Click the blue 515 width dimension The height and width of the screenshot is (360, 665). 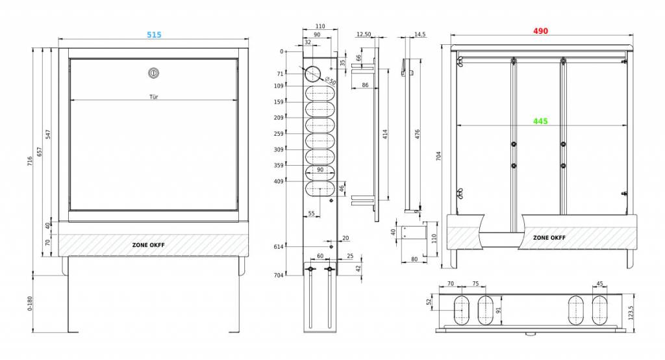coord(154,35)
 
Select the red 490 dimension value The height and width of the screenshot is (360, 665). coord(540,31)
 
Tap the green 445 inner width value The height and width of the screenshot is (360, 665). coord(540,122)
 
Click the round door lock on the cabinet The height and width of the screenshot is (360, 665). coord(153,73)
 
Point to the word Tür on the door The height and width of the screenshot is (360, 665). coord(153,97)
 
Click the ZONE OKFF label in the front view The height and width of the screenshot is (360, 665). coord(148,245)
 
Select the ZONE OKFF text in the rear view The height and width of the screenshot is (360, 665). coord(549,238)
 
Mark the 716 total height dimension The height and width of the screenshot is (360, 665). coord(30,161)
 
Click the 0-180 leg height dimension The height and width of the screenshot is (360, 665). coord(30,303)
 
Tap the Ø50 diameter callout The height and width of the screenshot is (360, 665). coord(331,81)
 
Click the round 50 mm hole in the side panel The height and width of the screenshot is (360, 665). coord(314,74)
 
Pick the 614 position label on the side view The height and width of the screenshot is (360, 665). coord(278,247)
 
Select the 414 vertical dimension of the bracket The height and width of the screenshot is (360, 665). coord(385,135)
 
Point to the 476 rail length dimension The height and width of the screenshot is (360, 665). coord(418,135)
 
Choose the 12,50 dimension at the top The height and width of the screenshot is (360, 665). coord(364,34)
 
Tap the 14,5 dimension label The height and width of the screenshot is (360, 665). coord(420,34)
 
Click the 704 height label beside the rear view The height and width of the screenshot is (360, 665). coord(438,156)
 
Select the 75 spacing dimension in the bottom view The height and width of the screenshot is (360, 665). coord(475,284)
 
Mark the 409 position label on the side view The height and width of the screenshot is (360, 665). coord(278,182)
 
